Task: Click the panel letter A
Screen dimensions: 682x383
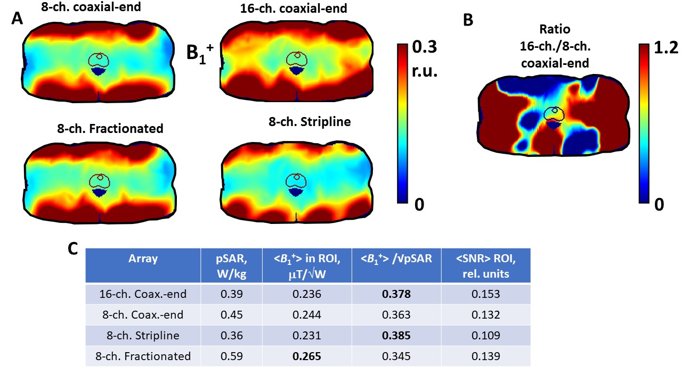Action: click(x=17, y=19)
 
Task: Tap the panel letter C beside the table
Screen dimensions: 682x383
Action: click(x=73, y=249)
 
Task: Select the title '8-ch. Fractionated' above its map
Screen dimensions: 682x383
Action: click(x=110, y=129)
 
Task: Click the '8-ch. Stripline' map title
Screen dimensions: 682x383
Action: click(x=310, y=122)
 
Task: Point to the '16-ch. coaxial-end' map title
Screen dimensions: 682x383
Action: click(x=294, y=9)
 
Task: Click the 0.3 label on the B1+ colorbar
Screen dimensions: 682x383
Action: click(x=425, y=47)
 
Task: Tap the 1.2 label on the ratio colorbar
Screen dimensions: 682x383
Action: click(x=666, y=48)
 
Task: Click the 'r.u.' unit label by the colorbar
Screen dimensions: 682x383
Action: click(x=425, y=71)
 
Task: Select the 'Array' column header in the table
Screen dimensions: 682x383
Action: click(x=143, y=259)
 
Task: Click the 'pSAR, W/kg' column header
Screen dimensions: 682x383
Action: click(x=232, y=267)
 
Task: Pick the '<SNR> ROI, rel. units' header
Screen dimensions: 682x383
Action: click(x=486, y=267)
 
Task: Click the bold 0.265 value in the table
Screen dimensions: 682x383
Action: click(x=307, y=356)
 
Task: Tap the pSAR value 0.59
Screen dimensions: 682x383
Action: click(x=232, y=356)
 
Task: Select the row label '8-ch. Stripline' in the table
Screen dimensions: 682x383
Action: click(x=143, y=336)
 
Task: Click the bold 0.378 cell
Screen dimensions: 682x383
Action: click(x=396, y=294)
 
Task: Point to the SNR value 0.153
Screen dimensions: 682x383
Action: click(x=486, y=294)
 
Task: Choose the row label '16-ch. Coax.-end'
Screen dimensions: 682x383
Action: click(x=143, y=294)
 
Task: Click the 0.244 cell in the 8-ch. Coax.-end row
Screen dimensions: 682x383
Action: click(x=307, y=315)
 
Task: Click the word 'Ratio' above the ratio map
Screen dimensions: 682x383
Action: click(x=555, y=29)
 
